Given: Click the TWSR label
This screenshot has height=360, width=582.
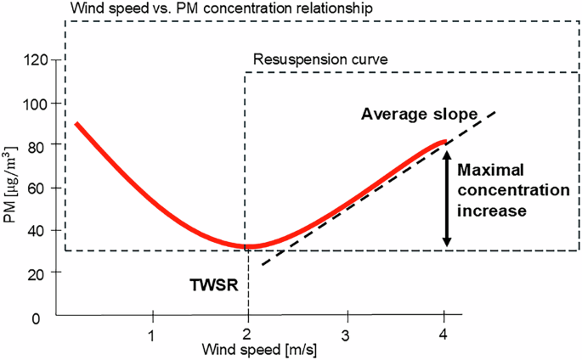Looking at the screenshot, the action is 214,285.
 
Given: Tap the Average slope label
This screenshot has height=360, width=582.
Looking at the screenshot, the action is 420,114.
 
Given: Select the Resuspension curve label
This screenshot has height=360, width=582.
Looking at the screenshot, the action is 320,59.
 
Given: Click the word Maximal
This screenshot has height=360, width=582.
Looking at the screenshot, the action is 490,170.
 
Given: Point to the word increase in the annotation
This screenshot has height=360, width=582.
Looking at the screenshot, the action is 492,211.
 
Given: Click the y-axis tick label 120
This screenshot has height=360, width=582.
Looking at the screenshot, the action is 36,60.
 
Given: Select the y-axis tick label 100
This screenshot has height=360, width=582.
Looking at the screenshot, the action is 36,104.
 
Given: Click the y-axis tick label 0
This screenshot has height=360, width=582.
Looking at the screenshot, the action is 36,318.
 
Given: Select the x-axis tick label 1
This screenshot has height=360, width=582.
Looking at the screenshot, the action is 151,335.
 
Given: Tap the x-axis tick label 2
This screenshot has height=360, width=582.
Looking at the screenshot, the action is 247,335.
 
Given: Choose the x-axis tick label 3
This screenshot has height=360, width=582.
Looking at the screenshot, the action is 346,335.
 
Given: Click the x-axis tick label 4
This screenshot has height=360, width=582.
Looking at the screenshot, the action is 443,335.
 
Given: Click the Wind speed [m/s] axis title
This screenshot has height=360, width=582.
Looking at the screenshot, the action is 259,350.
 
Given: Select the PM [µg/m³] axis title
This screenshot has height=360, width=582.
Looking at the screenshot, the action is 10,184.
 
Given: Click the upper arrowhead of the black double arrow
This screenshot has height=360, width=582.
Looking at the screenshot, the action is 447,155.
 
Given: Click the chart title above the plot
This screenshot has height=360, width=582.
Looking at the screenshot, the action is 222,8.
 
